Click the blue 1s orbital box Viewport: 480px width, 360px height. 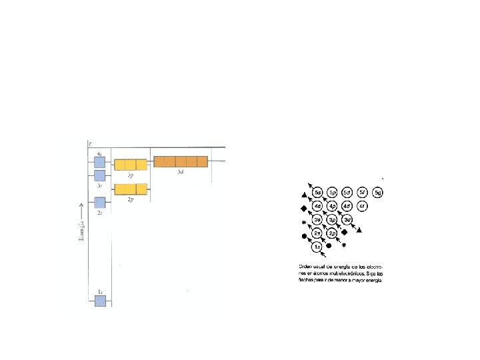coord(100,301)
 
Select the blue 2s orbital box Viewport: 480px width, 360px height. coord(100,202)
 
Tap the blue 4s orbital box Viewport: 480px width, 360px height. coord(100,162)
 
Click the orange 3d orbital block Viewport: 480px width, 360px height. coord(180,161)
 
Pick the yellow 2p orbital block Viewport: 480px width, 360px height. coord(130,189)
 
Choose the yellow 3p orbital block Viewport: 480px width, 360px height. coord(130,165)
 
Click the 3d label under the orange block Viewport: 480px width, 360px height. coord(180,172)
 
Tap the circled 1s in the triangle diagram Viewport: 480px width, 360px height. coord(318,247)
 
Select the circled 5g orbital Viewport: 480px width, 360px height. coord(378,193)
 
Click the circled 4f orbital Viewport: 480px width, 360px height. coord(362,206)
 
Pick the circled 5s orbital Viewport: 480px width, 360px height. coord(318,193)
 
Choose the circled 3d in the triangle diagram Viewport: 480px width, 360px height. coord(347,219)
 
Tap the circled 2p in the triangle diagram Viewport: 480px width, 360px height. coord(332,233)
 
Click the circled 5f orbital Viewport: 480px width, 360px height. coord(362,193)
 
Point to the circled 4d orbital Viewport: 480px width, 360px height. coord(347,206)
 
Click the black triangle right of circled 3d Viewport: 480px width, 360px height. coord(359,230)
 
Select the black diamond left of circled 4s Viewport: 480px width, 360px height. coord(304,208)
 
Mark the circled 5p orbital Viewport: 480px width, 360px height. coord(332,193)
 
